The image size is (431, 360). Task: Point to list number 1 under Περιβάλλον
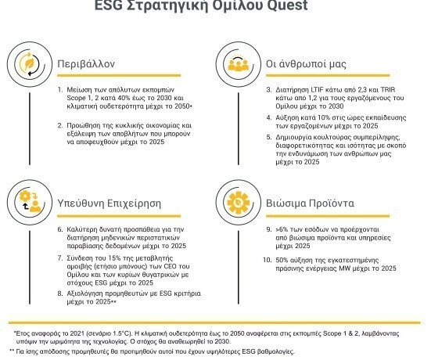61,91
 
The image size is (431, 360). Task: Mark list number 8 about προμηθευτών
61,294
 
